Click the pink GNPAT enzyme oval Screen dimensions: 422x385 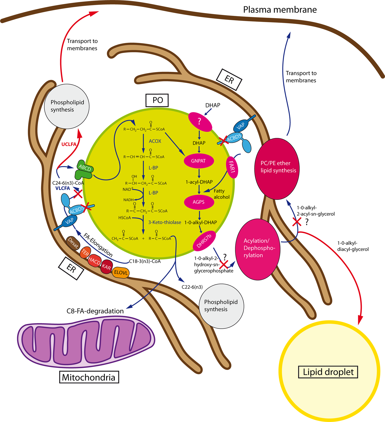[199, 161]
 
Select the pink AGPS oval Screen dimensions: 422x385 [199, 202]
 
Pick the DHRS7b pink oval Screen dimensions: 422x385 [204, 241]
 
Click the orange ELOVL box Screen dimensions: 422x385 [121, 273]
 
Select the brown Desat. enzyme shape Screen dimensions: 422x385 [73, 243]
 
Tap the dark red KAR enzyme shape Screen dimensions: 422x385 [106, 267]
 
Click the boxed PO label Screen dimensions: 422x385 [157, 100]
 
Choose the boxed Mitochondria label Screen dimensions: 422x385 [89, 377]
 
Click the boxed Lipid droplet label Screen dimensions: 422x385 [328, 372]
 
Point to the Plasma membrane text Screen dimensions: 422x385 [280, 10]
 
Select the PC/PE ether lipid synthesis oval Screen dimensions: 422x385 [277, 168]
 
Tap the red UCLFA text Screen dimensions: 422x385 [69, 144]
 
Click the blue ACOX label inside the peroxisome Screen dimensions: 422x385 [155, 141]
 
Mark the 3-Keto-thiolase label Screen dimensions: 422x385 [165, 222]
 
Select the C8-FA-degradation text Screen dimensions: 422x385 [95, 311]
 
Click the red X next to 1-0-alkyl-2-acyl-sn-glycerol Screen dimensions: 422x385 [297, 222]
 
